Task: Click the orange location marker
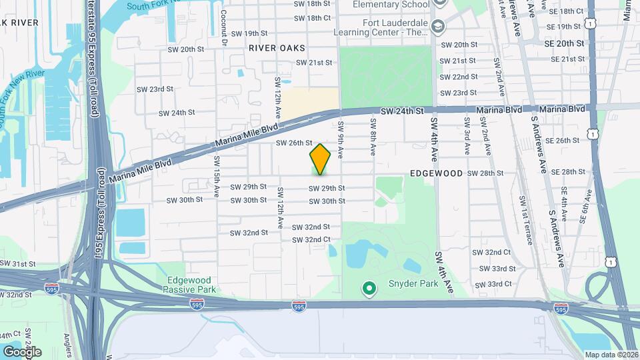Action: [320, 159]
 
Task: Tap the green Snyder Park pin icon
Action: [367, 289]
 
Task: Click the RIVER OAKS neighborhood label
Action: [277, 48]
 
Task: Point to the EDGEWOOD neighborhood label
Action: [436, 173]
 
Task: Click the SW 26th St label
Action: [294, 143]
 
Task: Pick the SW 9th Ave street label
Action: [341, 139]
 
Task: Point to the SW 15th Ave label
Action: [217, 176]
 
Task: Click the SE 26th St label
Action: [563, 141]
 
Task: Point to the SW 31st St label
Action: [19, 264]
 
